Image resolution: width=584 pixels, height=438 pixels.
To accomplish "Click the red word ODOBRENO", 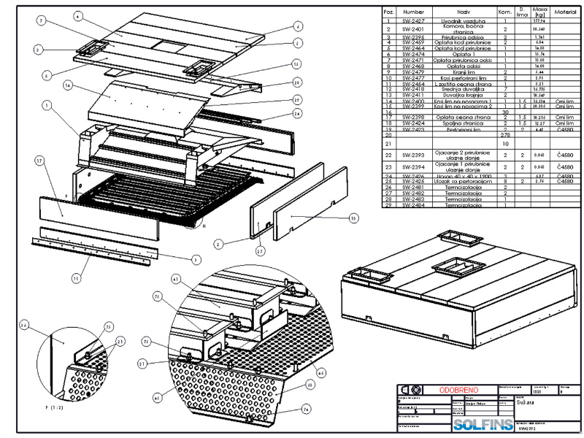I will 459,390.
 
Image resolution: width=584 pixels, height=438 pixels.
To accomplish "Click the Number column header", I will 413,12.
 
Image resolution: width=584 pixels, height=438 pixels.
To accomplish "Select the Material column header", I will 565,12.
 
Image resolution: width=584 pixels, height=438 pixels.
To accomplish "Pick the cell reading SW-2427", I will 413,22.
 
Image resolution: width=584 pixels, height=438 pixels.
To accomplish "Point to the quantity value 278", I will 504,135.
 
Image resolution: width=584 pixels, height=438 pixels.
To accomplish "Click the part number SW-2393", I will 413,155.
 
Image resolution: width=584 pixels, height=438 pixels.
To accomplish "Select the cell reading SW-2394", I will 413,167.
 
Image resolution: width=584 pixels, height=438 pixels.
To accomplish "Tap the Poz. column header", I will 389,12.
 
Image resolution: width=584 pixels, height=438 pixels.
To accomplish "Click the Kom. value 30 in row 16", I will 504,112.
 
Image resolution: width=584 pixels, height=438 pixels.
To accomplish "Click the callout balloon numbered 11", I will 77,277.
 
